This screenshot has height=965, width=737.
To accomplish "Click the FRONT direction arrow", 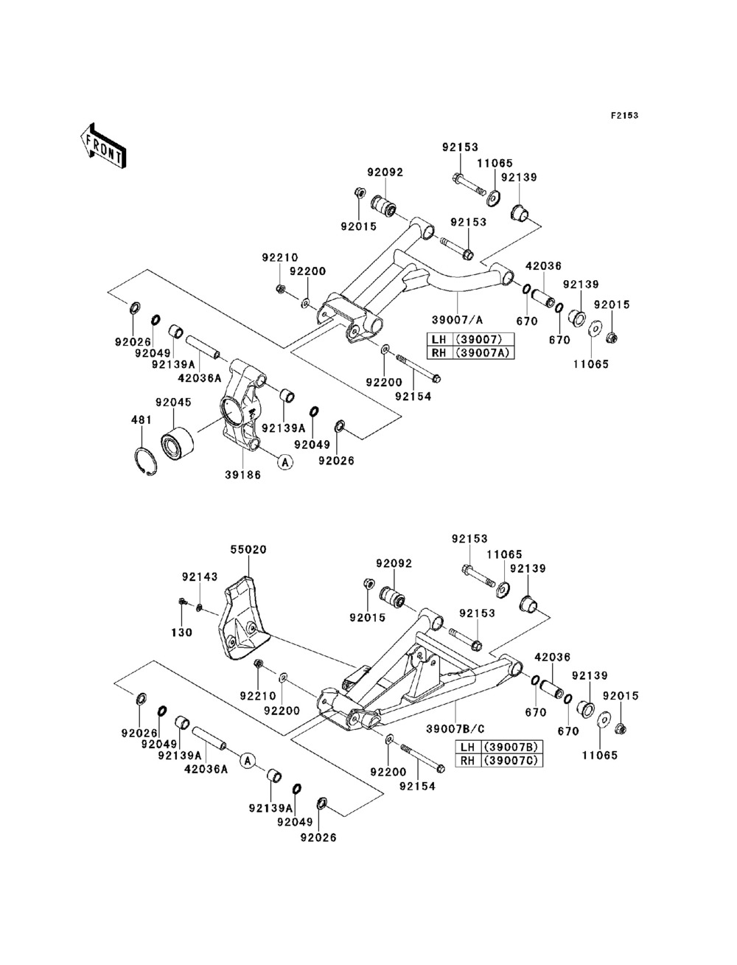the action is (x=103, y=146).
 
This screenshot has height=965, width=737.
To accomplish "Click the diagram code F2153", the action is (x=624, y=116).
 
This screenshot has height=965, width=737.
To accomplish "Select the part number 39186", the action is (x=243, y=475).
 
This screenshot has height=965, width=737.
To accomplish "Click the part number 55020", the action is (x=249, y=549).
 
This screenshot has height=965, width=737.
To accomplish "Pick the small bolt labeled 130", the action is (x=181, y=602).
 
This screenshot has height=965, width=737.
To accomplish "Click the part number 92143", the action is (x=200, y=576).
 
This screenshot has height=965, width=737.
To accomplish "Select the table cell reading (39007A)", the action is (x=483, y=353).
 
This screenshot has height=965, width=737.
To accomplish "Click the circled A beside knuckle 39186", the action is (x=284, y=462).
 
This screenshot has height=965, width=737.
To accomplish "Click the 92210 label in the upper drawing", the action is (x=280, y=257).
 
